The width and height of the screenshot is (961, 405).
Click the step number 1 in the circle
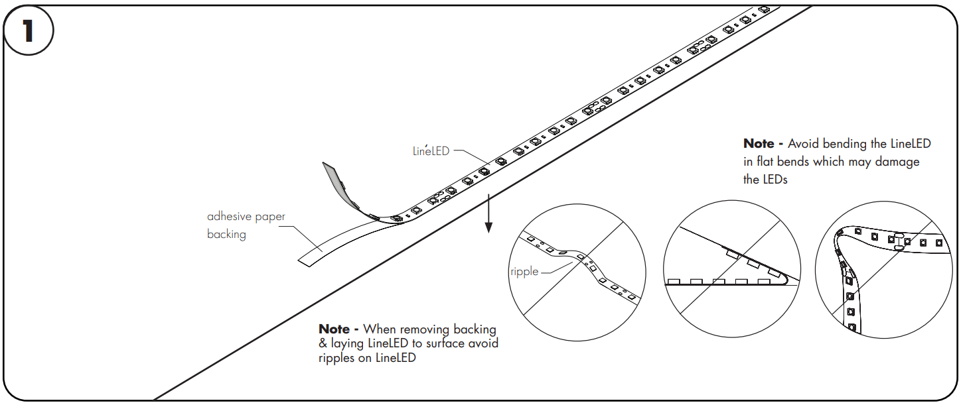(28, 31)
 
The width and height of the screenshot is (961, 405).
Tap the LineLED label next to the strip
(431, 151)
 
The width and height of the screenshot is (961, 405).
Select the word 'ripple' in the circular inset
(524, 271)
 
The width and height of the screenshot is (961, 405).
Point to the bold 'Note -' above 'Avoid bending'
(763, 144)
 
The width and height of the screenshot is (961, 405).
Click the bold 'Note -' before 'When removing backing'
(338, 329)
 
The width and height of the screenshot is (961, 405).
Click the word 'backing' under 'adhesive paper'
(226, 235)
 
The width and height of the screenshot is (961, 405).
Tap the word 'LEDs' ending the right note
(774, 180)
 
